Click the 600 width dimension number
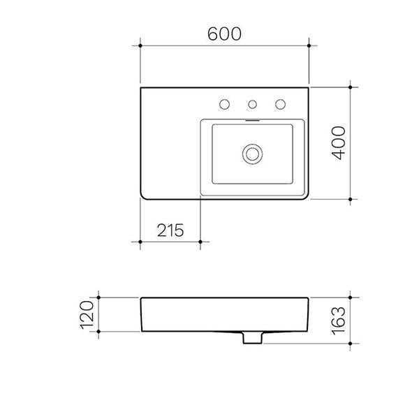point(225,33)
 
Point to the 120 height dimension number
point(87,315)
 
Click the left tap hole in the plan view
point(225,105)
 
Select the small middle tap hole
point(253,105)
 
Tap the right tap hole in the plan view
point(281,105)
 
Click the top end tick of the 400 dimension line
point(351,87)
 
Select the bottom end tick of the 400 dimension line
point(351,199)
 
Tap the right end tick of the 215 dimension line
point(201,242)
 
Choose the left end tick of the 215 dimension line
point(141,242)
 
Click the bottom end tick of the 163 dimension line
point(351,344)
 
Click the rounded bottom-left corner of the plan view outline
point(144,196)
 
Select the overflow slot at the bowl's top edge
point(252,119)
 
